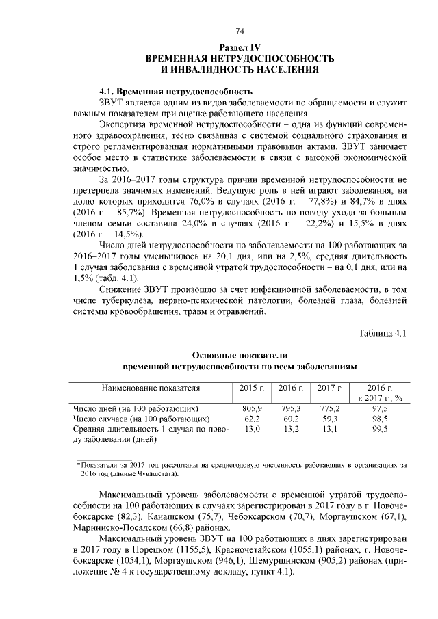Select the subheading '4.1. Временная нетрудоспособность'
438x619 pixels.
coord(176,91)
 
